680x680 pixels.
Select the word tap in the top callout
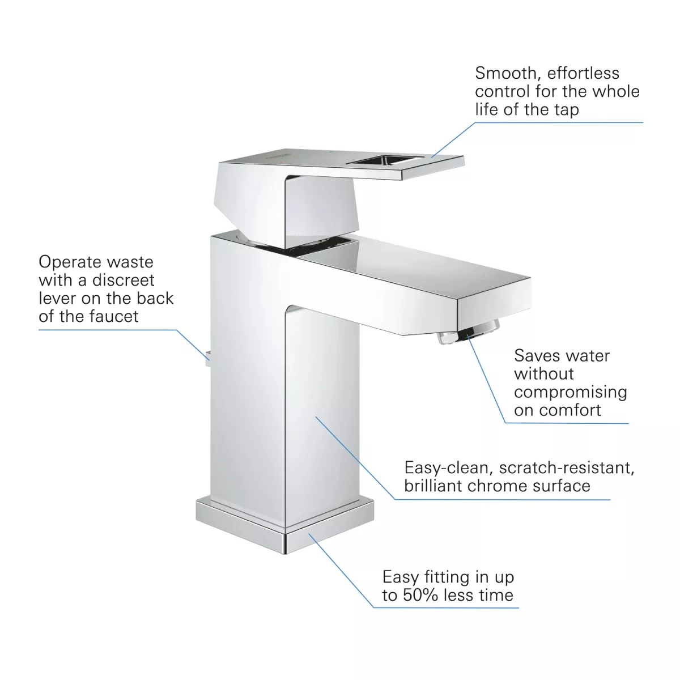[x=566, y=109]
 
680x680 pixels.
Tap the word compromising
[x=571, y=392]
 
